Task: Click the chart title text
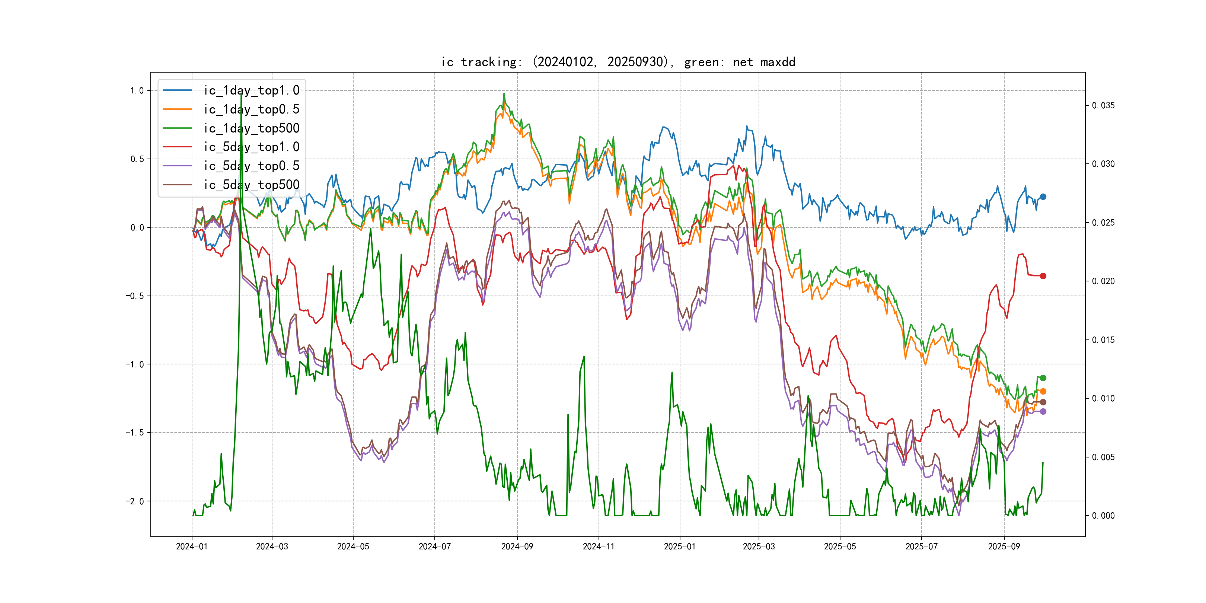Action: [x=618, y=62]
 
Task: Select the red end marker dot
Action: [x=1043, y=276]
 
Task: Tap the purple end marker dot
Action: [x=1043, y=412]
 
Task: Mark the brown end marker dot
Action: [x=1043, y=402]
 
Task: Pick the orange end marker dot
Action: [x=1043, y=391]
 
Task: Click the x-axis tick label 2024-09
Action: [x=517, y=547]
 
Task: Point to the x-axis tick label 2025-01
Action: [x=680, y=547]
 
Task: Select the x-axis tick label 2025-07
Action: [x=921, y=547]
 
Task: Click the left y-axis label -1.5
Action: [x=135, y=433]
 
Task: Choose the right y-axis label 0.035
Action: [x=1103, y=106]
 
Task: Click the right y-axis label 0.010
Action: [x=1103, y=398]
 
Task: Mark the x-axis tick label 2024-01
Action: [x=191, y=547]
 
